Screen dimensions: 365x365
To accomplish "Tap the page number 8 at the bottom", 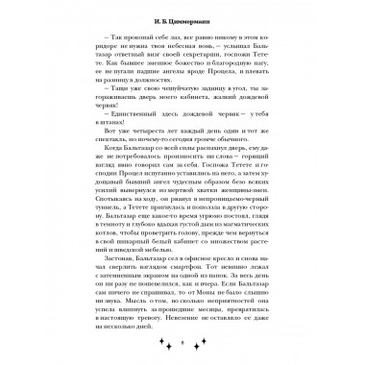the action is (x=182, y=341).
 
